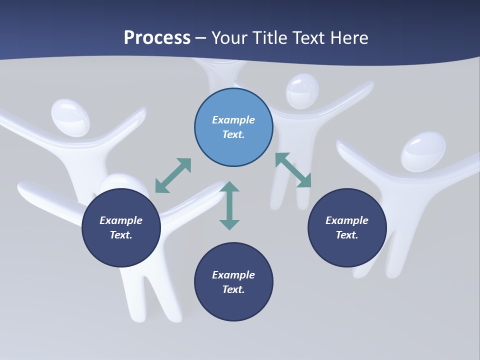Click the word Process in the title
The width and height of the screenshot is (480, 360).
157,38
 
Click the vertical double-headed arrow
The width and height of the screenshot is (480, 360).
229,205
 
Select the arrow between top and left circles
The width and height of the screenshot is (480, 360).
173,175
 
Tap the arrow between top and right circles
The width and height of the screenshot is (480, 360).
293,170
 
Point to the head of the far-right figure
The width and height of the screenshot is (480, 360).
423,151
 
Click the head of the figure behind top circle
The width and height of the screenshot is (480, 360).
302,90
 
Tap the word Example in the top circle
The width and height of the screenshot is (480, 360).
233,120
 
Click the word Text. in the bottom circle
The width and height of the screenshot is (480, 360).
233,289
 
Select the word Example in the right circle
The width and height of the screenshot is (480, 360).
347,220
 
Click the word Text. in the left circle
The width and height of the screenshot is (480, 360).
121,235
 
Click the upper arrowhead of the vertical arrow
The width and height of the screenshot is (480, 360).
229,187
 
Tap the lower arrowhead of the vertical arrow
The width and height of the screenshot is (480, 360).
229,224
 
